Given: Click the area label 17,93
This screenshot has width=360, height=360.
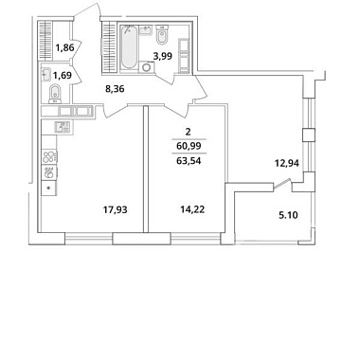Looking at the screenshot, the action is click(116, 209).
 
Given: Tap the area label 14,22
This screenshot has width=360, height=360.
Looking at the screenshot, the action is click(192, 209).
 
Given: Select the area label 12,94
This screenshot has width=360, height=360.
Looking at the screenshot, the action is click(287, 163).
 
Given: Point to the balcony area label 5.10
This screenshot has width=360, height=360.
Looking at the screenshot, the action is click(288, 216).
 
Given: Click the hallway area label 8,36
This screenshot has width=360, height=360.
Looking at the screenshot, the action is click(115, 89).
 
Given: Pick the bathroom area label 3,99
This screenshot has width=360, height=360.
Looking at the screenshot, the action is click(163, 56).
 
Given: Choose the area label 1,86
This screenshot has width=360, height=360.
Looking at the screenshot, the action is click(64, 48).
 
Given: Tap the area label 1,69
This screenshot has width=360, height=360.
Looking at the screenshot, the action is click(63, 76).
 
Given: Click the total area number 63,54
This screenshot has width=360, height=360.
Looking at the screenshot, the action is click(189, 161).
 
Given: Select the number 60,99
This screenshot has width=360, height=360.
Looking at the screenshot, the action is click(189, 146).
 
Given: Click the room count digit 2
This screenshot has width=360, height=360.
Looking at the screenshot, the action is click(189, 132).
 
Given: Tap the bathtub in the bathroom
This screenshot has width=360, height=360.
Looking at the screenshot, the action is click(129, 47).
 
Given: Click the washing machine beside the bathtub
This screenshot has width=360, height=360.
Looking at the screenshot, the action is click(147, 67).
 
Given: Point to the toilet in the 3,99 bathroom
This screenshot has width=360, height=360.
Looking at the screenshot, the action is click(162, 35).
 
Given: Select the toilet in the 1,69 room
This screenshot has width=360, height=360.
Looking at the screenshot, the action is click(56, 94).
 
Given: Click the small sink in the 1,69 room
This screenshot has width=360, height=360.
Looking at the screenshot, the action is click(46, 75).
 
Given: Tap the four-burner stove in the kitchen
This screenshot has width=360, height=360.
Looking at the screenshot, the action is click(49, 157).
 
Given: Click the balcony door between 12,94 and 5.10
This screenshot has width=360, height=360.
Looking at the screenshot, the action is click(281, 185).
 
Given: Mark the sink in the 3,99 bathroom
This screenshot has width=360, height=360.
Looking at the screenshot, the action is click(147, 30).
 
